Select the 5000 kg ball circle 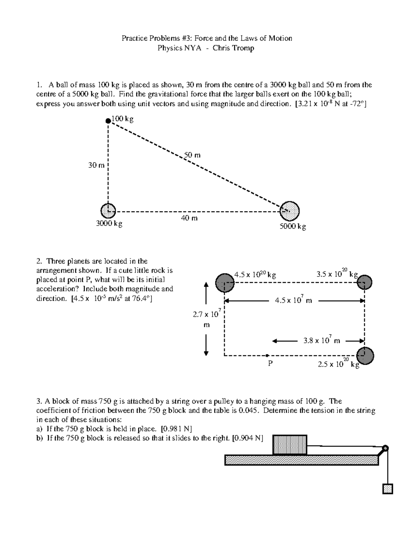[290, 210]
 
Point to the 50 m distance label [192, 155]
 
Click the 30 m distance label [96, 165]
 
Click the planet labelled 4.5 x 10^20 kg [225, 282]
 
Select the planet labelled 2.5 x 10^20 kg [365, 356]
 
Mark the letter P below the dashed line [270, 363]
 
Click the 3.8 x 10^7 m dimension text [322, 340]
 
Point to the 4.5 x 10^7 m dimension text [294, 300]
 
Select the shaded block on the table [290, 445]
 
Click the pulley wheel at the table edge [385, 448]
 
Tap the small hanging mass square [387, 489]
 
